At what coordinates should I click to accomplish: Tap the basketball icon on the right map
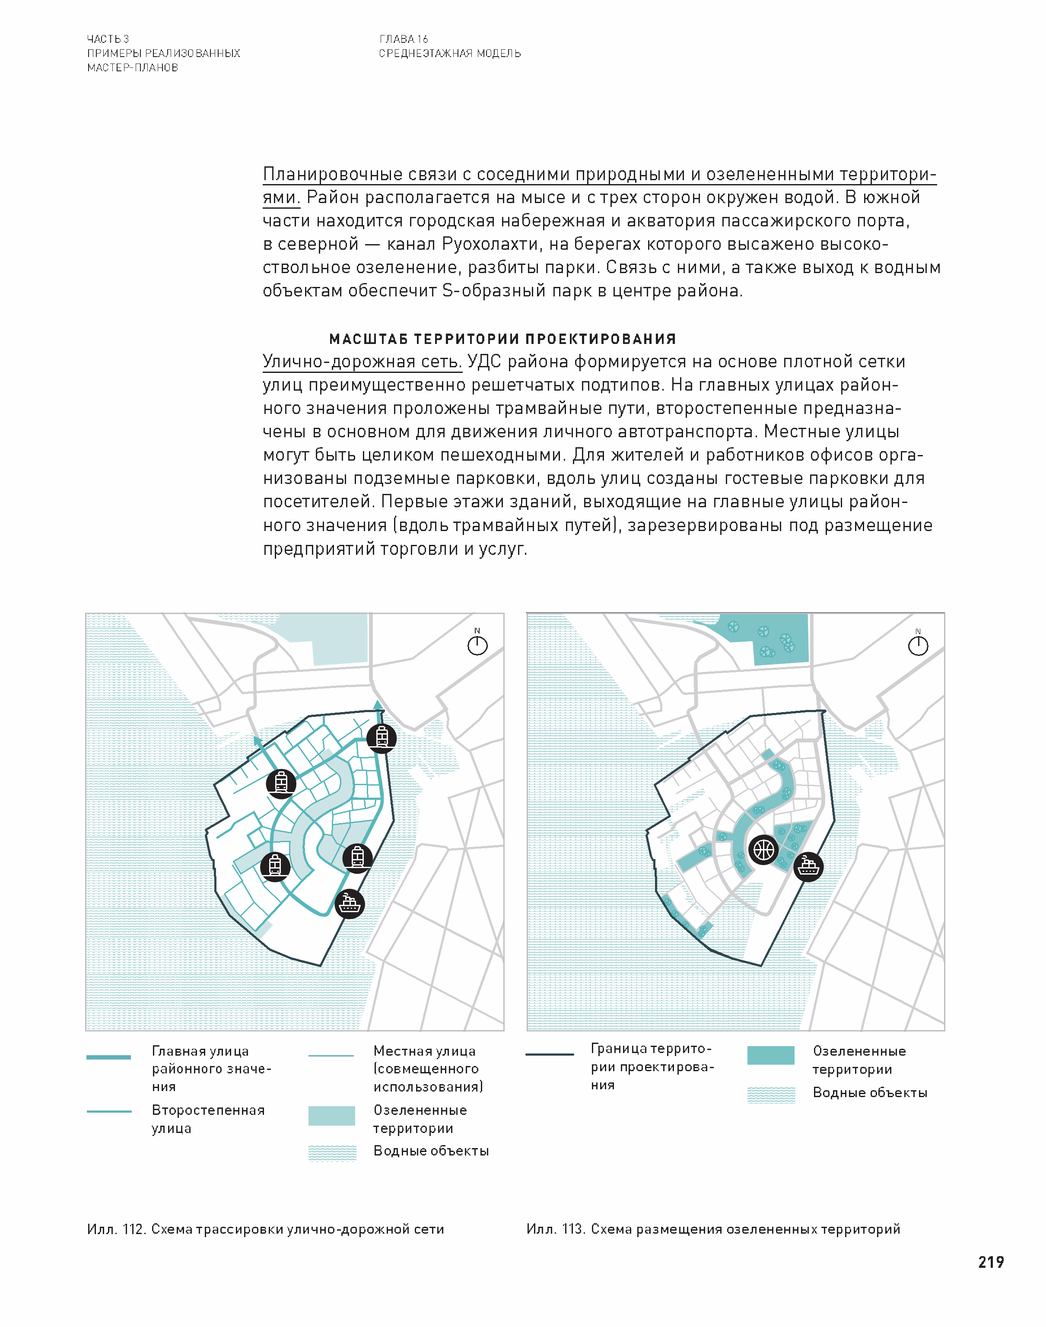pyautogui.click(x=763, y=850)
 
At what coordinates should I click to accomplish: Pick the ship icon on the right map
pyautogui.click(x=808, y=866)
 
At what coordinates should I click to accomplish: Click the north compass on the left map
pyautogui.click(x=477, y=645)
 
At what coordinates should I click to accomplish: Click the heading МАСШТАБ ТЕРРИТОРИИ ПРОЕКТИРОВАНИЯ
pyautogui.click(x=502, y=339)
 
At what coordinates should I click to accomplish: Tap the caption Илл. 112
pyautogui.click(x=265, y=1229)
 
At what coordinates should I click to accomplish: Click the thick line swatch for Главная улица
pyautogui.click(x=108, y=1057)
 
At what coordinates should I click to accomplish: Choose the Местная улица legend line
pyautogui.click(x=331, y=1056)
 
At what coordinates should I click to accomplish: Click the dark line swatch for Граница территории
pyautogui.click(x=549, y=1054)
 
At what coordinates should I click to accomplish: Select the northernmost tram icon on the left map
pyautogui.click(x=381, y=738)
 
